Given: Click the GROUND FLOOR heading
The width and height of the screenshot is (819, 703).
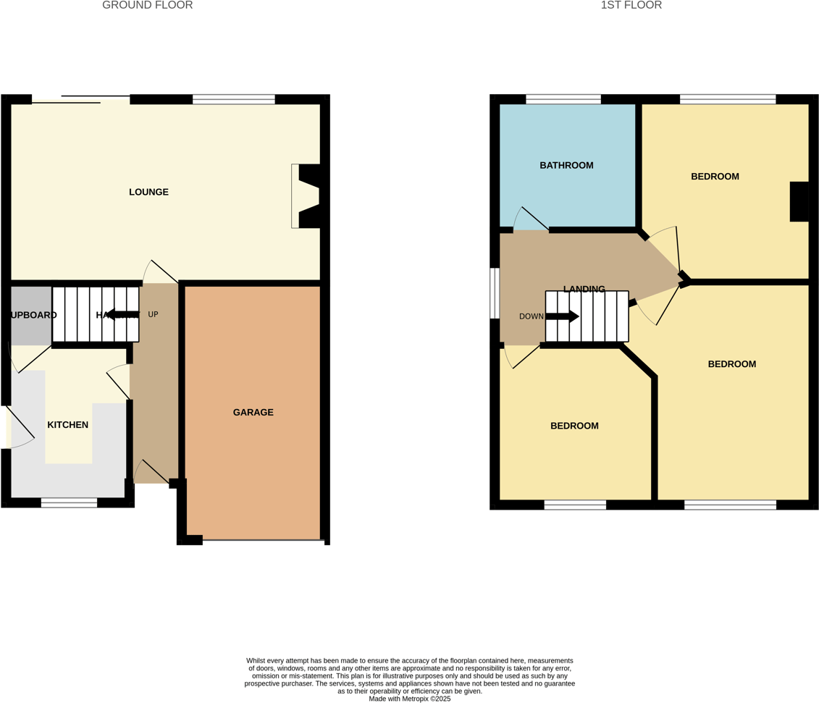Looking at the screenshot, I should coord(147,6).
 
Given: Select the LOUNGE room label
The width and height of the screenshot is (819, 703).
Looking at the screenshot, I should coord(148,192).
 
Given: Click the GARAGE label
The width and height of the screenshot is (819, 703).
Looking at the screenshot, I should coord(253,412).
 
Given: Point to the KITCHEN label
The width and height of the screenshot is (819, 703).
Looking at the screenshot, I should coord(67,424).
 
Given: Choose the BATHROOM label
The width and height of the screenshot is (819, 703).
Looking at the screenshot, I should coord(566,165).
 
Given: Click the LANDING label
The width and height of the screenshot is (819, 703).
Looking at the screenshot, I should coord(584,289).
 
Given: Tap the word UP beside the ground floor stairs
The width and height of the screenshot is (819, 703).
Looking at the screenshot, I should coord(153,314).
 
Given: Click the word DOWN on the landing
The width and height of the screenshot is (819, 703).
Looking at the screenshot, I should coord(531,316).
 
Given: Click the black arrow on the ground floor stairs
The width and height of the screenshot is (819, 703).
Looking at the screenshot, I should coord(122,314).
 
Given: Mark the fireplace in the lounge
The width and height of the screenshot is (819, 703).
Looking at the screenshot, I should coord(307,195).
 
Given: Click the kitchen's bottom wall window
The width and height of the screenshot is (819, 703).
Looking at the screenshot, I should coord(69,502).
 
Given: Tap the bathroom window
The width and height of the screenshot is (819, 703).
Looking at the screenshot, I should coord(563,99).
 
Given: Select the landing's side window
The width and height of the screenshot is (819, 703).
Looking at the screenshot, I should coord(495,293).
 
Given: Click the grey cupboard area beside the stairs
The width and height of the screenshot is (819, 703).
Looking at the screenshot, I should coord(30,315).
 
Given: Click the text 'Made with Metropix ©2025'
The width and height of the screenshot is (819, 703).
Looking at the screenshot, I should coord(409,699).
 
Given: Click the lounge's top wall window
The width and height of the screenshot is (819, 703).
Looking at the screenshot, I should coord(233,99).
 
